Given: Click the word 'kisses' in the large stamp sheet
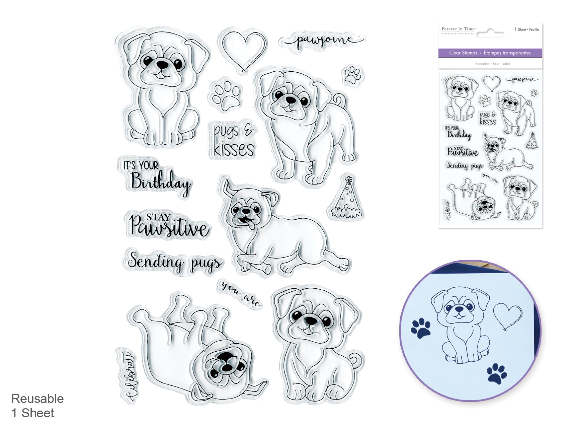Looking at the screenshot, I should pos(234,149).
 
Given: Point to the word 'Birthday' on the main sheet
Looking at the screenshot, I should pos(160,182).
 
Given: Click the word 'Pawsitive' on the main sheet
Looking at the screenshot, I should pos(169,227).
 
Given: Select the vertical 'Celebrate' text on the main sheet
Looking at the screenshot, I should pos(129,375).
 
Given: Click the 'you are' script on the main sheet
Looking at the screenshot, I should pos(240,293).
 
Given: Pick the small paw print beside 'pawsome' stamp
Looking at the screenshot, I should pos(353,75).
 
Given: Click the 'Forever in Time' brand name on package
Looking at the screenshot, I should pos(458,29).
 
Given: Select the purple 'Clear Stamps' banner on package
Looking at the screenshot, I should pos(490,53).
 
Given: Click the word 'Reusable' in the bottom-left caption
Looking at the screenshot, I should pos(37,399).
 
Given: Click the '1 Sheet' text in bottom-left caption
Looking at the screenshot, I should pos(33,413).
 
